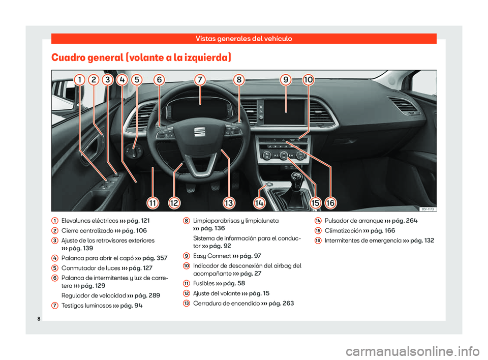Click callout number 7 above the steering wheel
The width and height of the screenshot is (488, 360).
(x=200, y=80)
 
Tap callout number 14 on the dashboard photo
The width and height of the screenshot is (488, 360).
(x=259, y=203)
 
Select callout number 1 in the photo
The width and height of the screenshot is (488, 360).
(x=80, y=80)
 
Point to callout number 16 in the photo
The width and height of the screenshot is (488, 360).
(x=330, y=203)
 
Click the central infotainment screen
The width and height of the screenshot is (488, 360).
(x=284, y=112)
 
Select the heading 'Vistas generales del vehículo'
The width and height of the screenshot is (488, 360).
(x=243, y=39)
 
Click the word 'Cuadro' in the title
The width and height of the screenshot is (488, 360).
(x=68, y=57)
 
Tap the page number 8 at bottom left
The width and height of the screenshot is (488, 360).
(x=39, y=319)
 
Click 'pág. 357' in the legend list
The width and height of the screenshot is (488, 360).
(x=155, y=258)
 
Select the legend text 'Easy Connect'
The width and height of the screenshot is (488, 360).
(x=212, y=256)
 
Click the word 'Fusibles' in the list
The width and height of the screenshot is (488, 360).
(x=204, y=283)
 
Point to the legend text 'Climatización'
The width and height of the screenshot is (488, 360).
(x=343, y=231)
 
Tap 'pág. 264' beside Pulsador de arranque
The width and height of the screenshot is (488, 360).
(x=405, y=221)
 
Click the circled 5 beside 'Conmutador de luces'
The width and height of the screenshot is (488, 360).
(x=54, y=268)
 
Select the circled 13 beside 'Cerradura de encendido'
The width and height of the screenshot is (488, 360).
(x=186, y=304)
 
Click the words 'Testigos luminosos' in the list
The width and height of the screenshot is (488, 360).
(x=86, y=306)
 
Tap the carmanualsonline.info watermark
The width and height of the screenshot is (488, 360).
(x=412, y=352)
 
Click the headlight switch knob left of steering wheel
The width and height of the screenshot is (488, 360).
(x=134, y=152)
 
